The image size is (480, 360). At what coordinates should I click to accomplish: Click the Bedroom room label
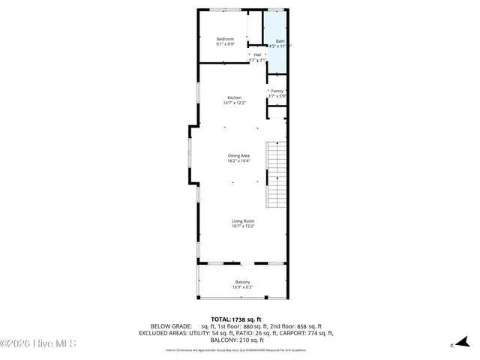coord(225,39)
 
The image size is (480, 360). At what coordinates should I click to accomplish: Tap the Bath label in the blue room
coord(280,41)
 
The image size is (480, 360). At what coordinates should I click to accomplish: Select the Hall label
coord(257,55)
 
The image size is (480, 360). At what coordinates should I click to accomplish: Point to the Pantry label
coord(277,91)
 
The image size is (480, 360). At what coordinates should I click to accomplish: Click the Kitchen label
coord(235,98)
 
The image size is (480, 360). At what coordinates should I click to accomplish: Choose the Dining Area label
coord(238,155)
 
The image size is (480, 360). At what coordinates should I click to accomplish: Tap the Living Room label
coord(242,221)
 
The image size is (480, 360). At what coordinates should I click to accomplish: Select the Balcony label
coord(242,282)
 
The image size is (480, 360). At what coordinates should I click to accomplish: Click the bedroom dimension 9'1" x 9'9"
coord(225,45)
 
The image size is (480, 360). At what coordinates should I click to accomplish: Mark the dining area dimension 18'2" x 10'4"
coord(238,160)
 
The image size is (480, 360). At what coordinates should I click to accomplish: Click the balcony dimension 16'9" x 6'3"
coord(242,287)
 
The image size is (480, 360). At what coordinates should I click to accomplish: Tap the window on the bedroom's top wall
coord(224,10)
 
